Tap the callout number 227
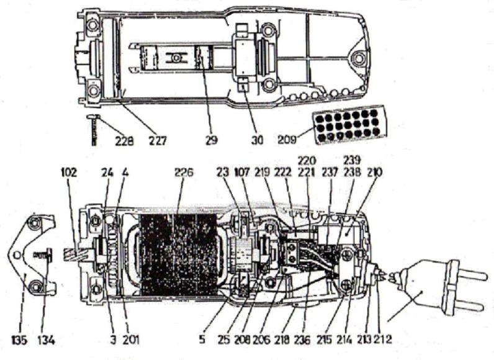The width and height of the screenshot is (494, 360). pyautogui.click(x=156, y=141)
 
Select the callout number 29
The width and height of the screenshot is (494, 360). pyautogui.click(x=211, y=141)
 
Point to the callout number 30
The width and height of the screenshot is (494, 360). pyautogui.click(x=258, y=141)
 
